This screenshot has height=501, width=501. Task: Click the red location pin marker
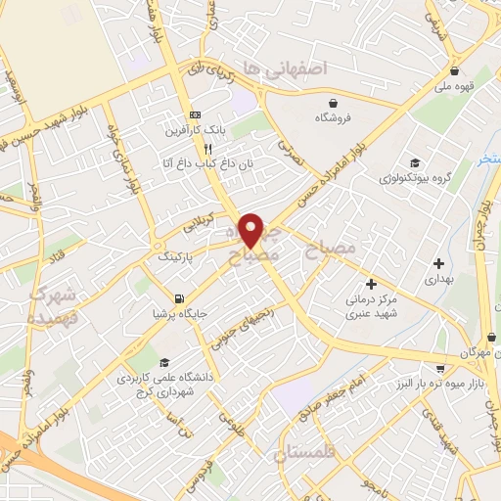point(251,230)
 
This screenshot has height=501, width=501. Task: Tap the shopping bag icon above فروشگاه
point(335,102)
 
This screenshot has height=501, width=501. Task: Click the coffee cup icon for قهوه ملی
point(455,71)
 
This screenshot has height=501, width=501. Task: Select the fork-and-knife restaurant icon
point(207,149)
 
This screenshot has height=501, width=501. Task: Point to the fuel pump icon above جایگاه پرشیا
point(177,299)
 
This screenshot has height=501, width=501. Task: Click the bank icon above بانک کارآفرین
point(194,113)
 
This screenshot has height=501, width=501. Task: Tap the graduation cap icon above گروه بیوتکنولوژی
point(415,163)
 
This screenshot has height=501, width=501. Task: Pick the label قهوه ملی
point(457,86)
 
